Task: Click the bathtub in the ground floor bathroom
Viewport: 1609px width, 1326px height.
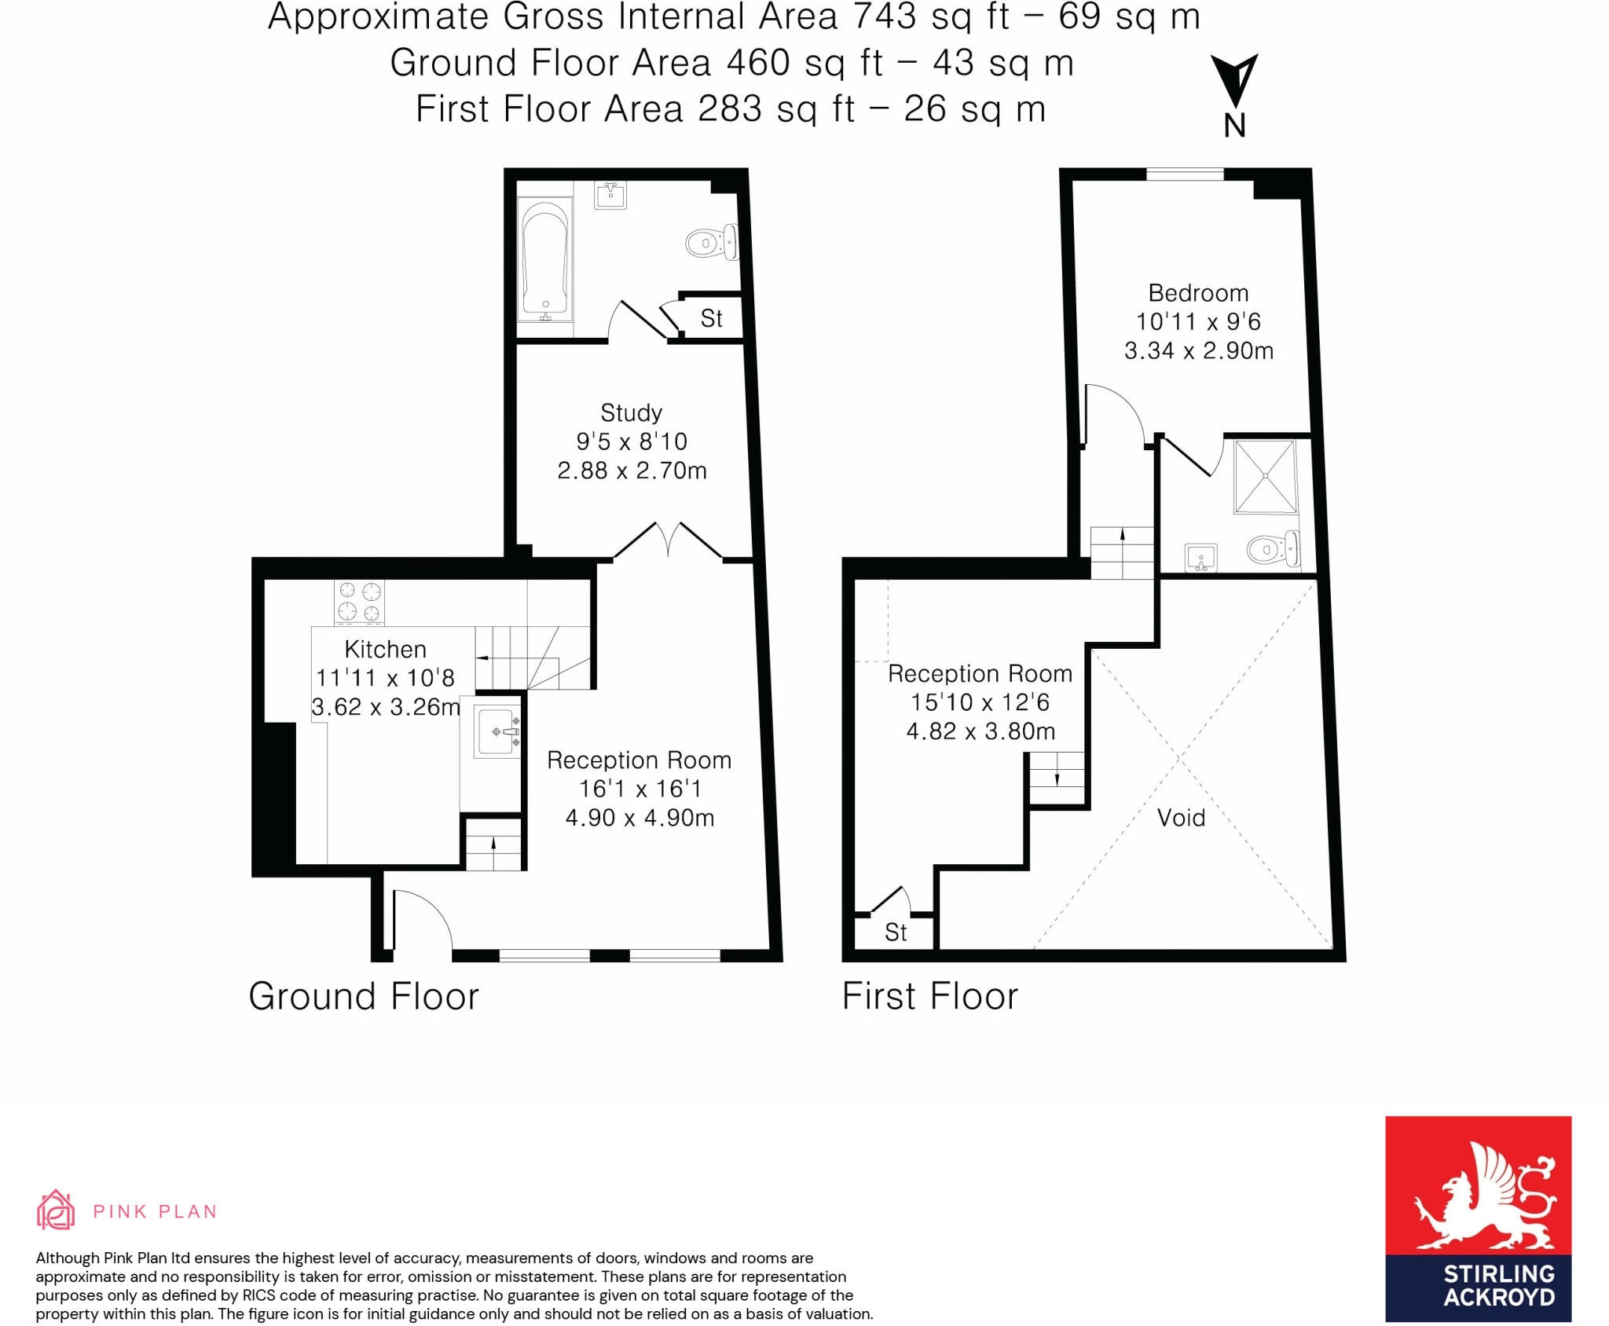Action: click(544, 260)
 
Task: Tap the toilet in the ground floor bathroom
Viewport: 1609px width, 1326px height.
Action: click(711, 242)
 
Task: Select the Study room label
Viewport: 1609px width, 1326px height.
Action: click(631, 413)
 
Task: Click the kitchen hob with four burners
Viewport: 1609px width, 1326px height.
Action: click(359, 602)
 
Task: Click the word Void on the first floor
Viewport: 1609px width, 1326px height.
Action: click(1181, 818)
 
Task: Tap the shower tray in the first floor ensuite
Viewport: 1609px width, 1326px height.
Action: click(1264, 477)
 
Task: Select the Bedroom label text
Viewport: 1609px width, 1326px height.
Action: click(1198, 293)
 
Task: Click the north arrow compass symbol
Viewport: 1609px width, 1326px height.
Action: click(1234, 82)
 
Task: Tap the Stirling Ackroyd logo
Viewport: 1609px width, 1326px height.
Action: click(1478, 1219)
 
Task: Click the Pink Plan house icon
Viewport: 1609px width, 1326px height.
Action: click(56, 1210)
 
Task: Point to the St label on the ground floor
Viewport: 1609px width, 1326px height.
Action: click(711, 319)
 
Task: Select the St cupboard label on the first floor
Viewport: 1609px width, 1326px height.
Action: click(896, 932)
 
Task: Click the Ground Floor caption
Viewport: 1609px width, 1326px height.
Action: click(364, 996)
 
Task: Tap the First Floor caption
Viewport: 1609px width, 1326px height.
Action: click(929, 996)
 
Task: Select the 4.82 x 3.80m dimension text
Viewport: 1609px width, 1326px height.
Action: click(980, 731)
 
